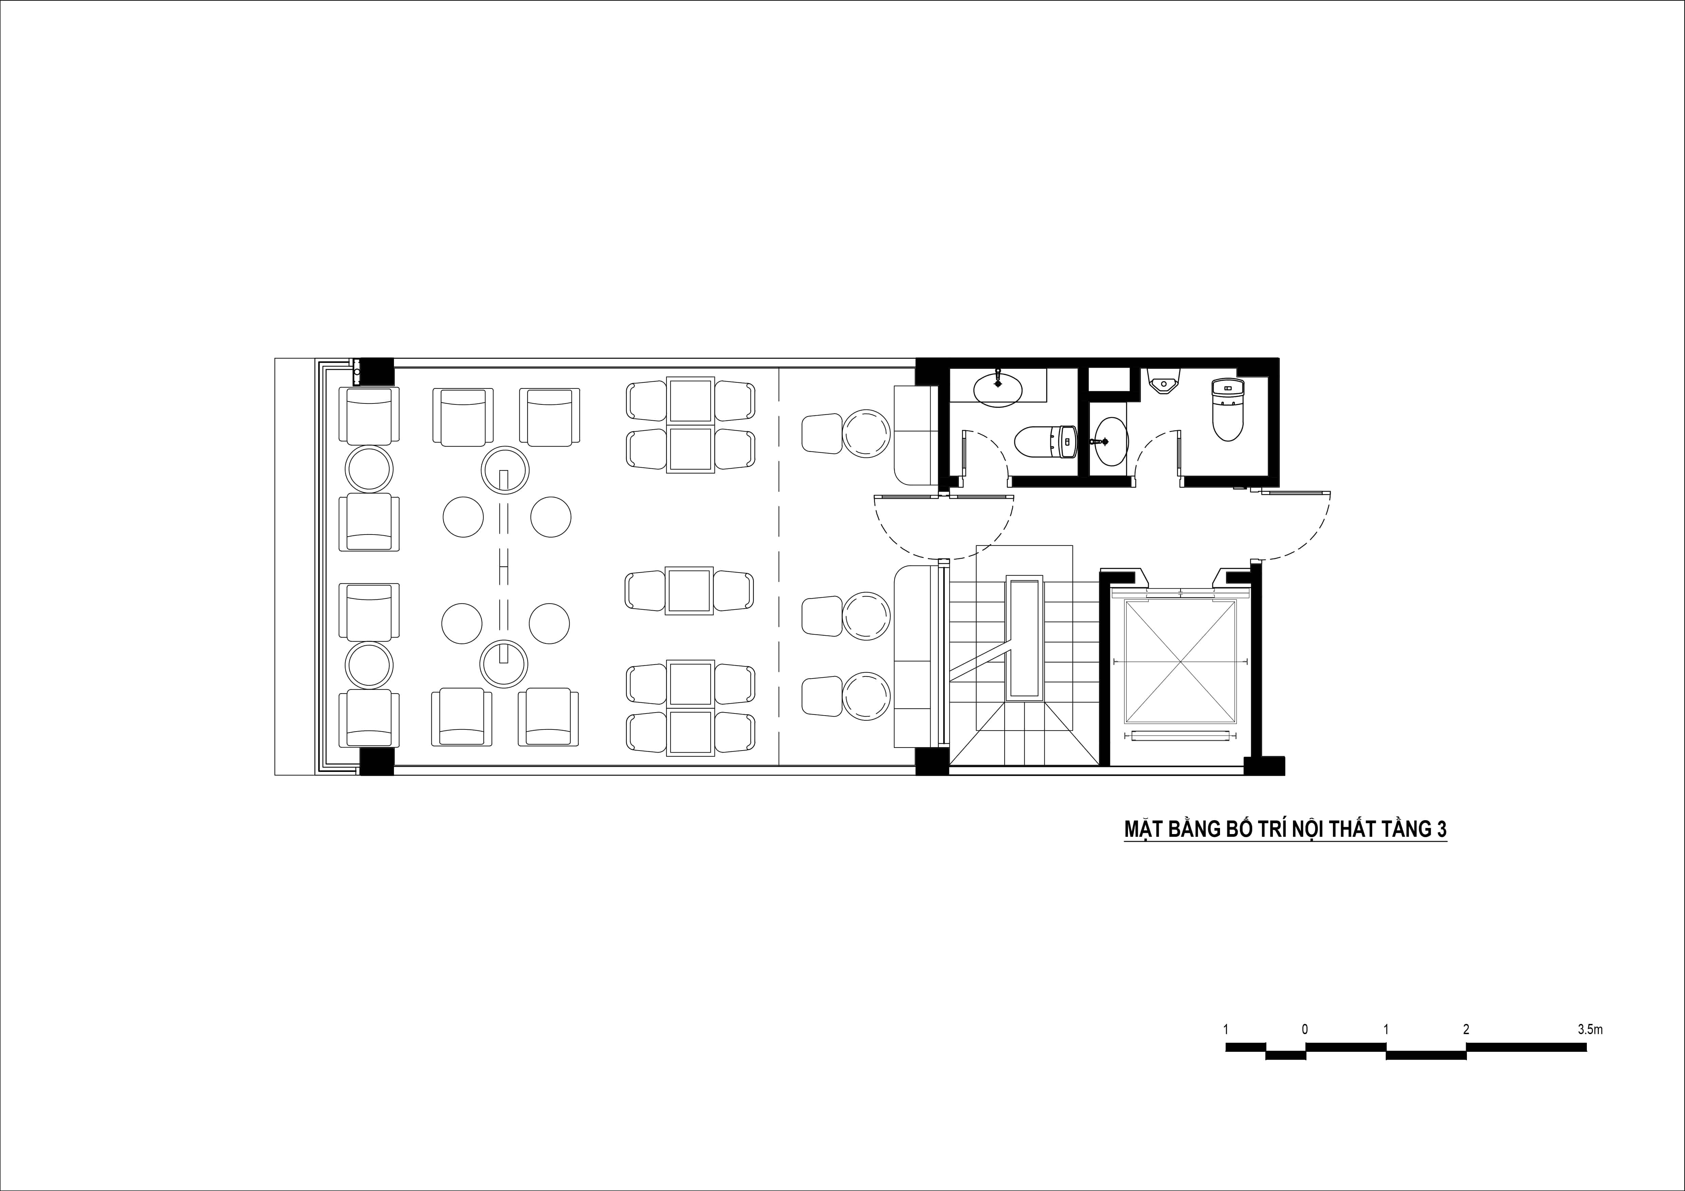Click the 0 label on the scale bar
point(1305,1030)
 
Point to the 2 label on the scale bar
point(1466,1030)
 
